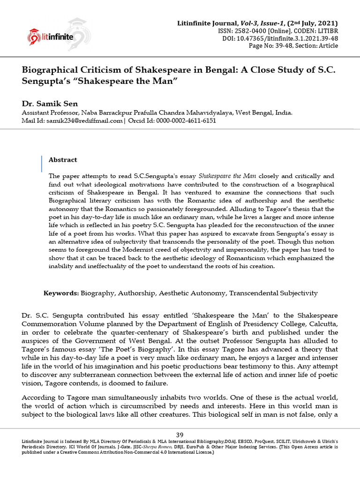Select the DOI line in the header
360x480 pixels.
[280, 38]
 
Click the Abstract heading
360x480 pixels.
[63, 160]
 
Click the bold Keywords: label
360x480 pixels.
[61, 293]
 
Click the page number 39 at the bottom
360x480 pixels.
[180, 435]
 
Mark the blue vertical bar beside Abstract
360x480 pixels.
[41, 164]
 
